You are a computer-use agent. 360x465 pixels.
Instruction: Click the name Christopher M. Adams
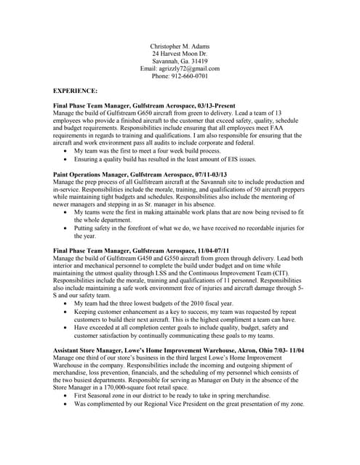click(180, 46)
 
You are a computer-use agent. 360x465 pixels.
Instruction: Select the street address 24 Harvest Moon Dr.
click(180, 54)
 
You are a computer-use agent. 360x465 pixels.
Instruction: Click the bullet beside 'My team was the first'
click(68, 151)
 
